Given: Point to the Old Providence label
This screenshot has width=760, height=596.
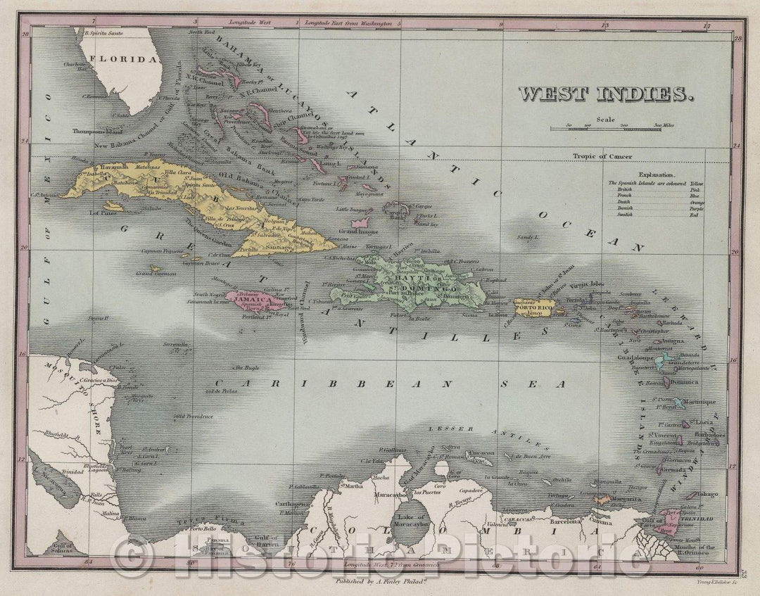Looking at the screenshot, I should point(194,416).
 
